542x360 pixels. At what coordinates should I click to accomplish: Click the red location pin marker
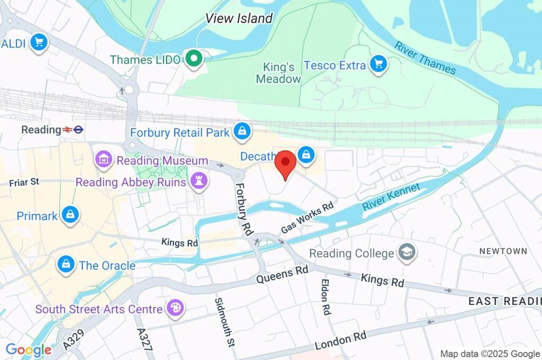click(286, 163)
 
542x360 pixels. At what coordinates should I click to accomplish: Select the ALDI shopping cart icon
click(38, 42)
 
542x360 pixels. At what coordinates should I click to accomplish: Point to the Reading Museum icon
click(104, 158)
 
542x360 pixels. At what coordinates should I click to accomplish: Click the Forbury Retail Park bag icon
click(242, 131)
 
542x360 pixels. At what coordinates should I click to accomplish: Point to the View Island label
click(239, 19)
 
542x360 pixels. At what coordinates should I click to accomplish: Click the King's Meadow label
click(278, 73)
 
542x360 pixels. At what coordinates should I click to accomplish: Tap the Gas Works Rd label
click(308, 217)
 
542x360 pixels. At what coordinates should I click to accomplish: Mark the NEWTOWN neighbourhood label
click(503, 251)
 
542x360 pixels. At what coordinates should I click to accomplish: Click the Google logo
click(28, 349)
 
